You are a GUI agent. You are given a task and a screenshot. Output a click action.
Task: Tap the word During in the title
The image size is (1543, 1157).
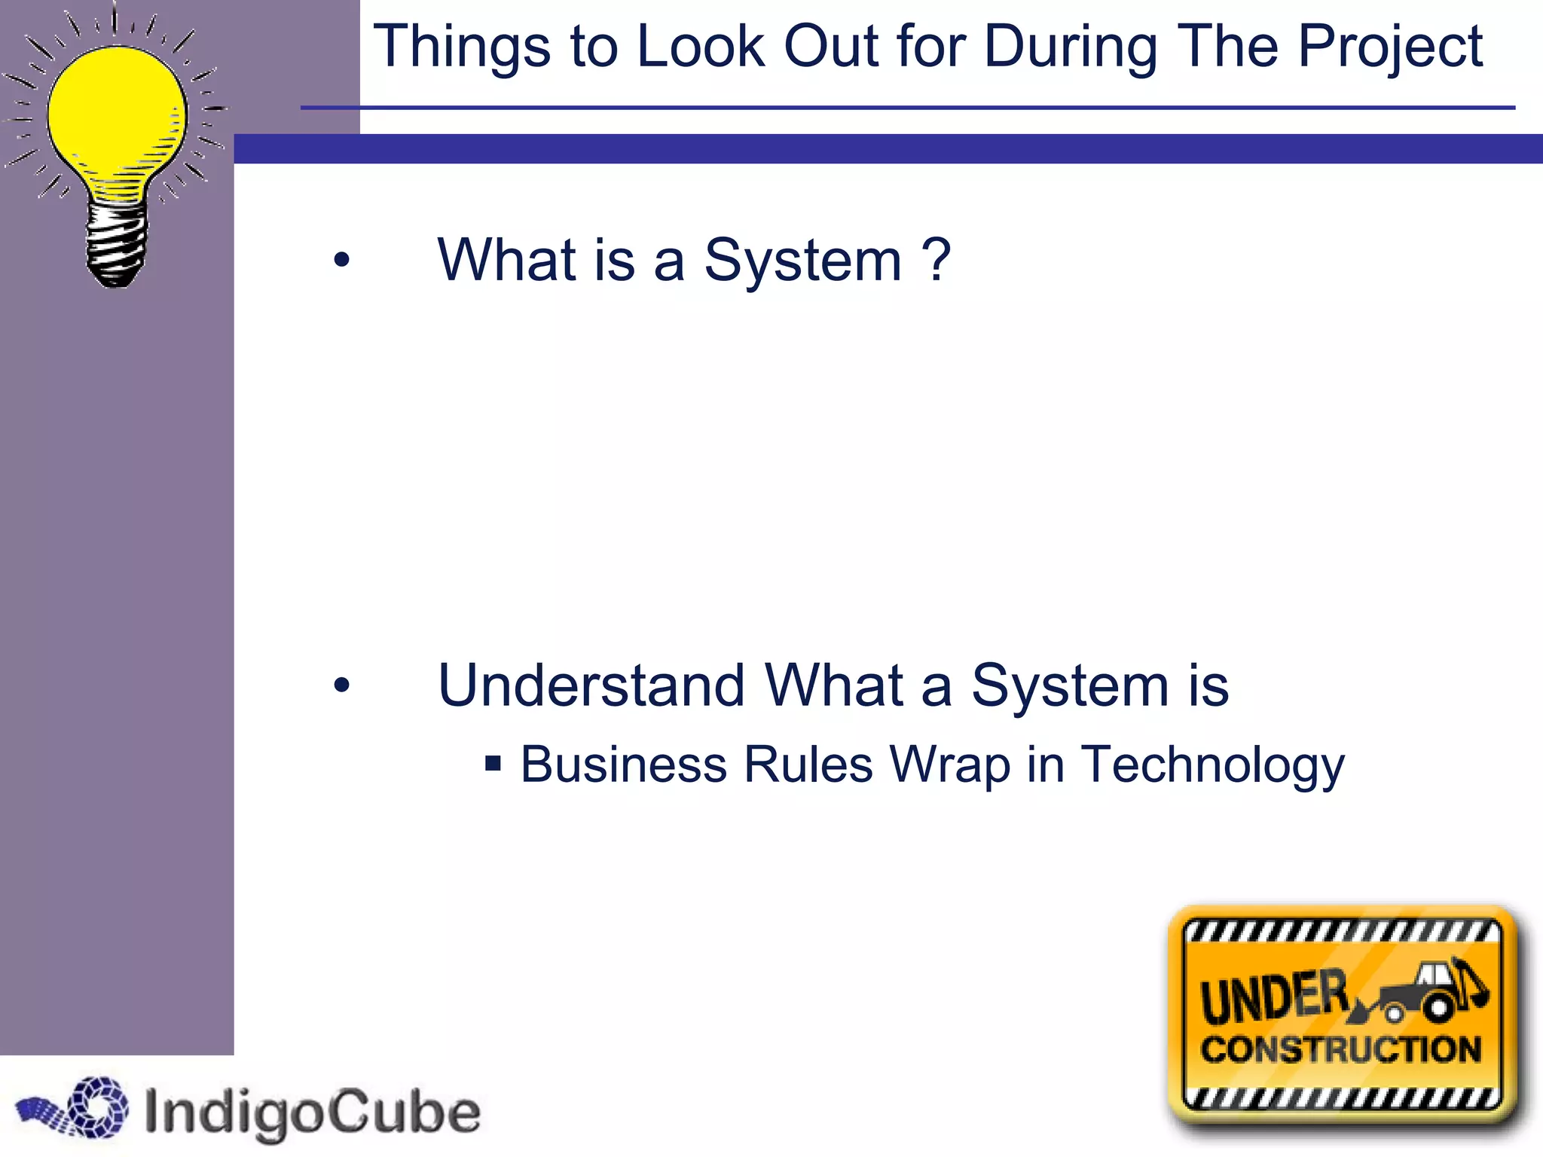(1071, 47)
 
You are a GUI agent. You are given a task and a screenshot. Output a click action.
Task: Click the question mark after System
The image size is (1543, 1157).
(936, 260)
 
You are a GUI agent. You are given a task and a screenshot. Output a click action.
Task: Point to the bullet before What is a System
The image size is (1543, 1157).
(342, 261)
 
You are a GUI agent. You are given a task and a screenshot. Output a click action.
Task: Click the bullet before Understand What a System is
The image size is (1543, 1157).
(342, 685)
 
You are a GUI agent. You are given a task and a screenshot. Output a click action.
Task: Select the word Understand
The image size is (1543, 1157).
(591, 685)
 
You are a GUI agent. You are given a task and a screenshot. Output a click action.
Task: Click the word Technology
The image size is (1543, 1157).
(1212, 765)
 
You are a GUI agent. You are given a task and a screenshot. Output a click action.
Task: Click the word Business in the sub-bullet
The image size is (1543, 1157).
(624, 765)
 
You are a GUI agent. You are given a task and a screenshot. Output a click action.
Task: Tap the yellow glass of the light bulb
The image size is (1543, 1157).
(117, 113)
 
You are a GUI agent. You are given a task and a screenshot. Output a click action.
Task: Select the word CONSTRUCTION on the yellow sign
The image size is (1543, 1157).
(1341, 1049)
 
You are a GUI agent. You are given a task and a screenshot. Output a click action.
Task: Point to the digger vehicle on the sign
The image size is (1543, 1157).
(1428, 991)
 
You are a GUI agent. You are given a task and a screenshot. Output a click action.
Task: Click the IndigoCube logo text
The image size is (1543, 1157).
(311, 1112)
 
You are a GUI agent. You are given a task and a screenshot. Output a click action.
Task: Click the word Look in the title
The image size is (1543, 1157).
(701, 47)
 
